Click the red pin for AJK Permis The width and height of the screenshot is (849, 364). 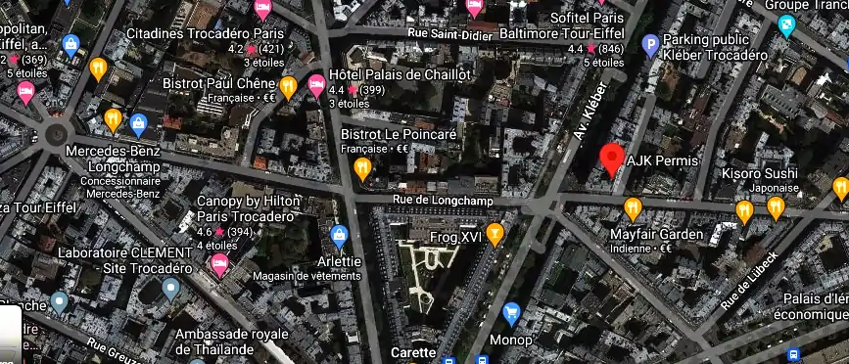click(x=613, y=158)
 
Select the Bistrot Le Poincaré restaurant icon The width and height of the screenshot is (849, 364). click(x=363, y=167)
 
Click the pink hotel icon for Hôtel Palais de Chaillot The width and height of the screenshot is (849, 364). click(x=316, y=84)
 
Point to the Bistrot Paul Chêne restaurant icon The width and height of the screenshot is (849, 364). click(x=288, y=86)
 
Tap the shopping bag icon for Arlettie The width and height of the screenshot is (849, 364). click(x=340, y=235)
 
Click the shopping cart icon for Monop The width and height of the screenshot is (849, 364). click(x=510, y=313)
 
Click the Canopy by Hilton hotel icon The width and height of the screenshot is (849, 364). click(x=220, y=262)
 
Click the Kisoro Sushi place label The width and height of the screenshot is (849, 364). click(x=760, y=174)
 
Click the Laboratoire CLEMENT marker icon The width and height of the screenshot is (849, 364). click(x=171, y=288)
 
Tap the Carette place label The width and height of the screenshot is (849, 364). click(x=413, y=352)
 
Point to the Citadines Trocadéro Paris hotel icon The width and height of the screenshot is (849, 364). click(x=262, y=10)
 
